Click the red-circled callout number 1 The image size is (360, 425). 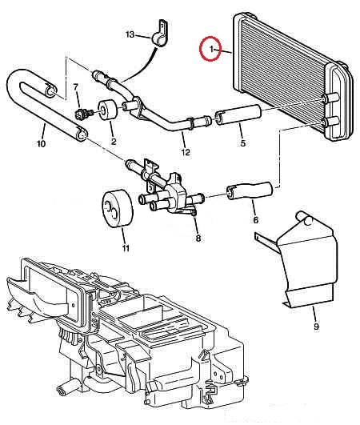(211, 49)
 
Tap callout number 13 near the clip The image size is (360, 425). (130, 34)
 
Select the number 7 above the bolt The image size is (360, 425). (75, 86)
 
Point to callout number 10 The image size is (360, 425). (41, 143)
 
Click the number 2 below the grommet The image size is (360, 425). (114, 141)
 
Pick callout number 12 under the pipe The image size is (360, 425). (186, 152)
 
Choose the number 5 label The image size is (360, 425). (242, 142)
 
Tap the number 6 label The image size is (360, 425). (255, 220)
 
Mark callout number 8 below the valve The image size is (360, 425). (198, 238)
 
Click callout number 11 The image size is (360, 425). (126, 248)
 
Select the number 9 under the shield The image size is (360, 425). (316, 327)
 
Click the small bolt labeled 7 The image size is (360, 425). (82, 114)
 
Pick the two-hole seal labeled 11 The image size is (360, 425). (117, 209)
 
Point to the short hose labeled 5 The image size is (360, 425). (238, 114)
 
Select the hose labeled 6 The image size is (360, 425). (250, 190)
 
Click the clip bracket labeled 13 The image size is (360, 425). (161, 33)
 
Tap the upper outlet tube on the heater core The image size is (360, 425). (330, 98)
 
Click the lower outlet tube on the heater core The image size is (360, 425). (330, 122)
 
